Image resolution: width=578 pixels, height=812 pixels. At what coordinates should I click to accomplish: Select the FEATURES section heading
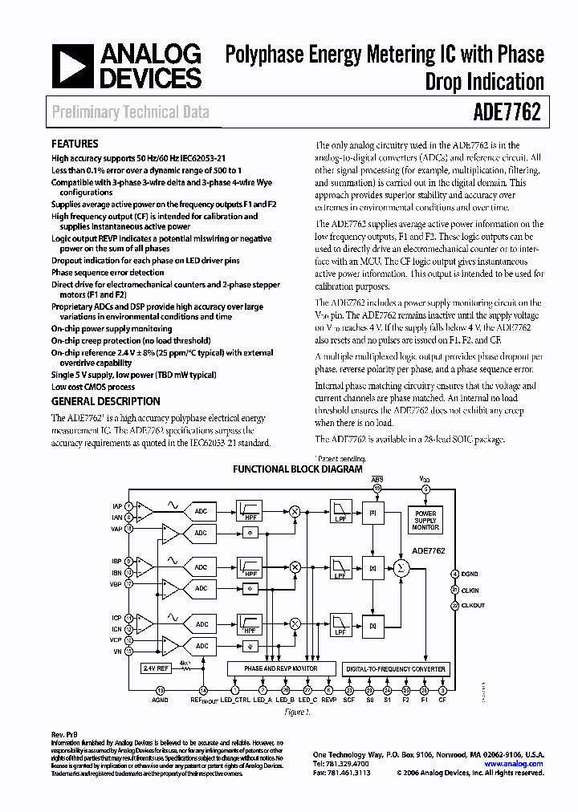[x=75, y=144]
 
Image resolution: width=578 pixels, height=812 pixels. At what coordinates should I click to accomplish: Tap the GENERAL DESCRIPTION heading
[x=105, y=401]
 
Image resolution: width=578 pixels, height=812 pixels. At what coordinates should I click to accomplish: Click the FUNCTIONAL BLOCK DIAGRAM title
[x=297, y=469]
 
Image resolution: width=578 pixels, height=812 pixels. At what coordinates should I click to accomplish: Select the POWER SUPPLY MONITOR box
[x=425, y=520]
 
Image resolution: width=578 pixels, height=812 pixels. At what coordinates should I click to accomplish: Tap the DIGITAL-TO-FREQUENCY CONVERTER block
[x=395, y=668]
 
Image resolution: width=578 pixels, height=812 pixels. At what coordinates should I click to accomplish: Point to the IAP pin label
[x=116, y=505]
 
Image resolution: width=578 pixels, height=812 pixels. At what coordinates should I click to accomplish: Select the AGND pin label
[x=160, y=700]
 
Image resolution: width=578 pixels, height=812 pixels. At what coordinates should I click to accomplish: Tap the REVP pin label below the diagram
[x=329, y=700]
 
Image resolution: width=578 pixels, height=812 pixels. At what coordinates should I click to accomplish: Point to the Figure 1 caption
[x=297, y=711]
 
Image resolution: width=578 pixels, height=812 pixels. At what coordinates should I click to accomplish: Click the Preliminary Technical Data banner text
[x=130, y=112]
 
